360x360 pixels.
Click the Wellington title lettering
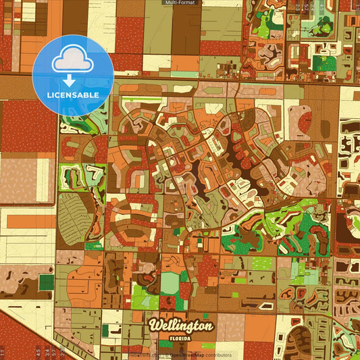point(182,326)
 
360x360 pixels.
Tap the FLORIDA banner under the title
point(180,337)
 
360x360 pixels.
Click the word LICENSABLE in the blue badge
point(73,95)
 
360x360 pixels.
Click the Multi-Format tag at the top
point(180,3)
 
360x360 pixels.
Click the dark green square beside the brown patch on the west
point(46,282)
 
